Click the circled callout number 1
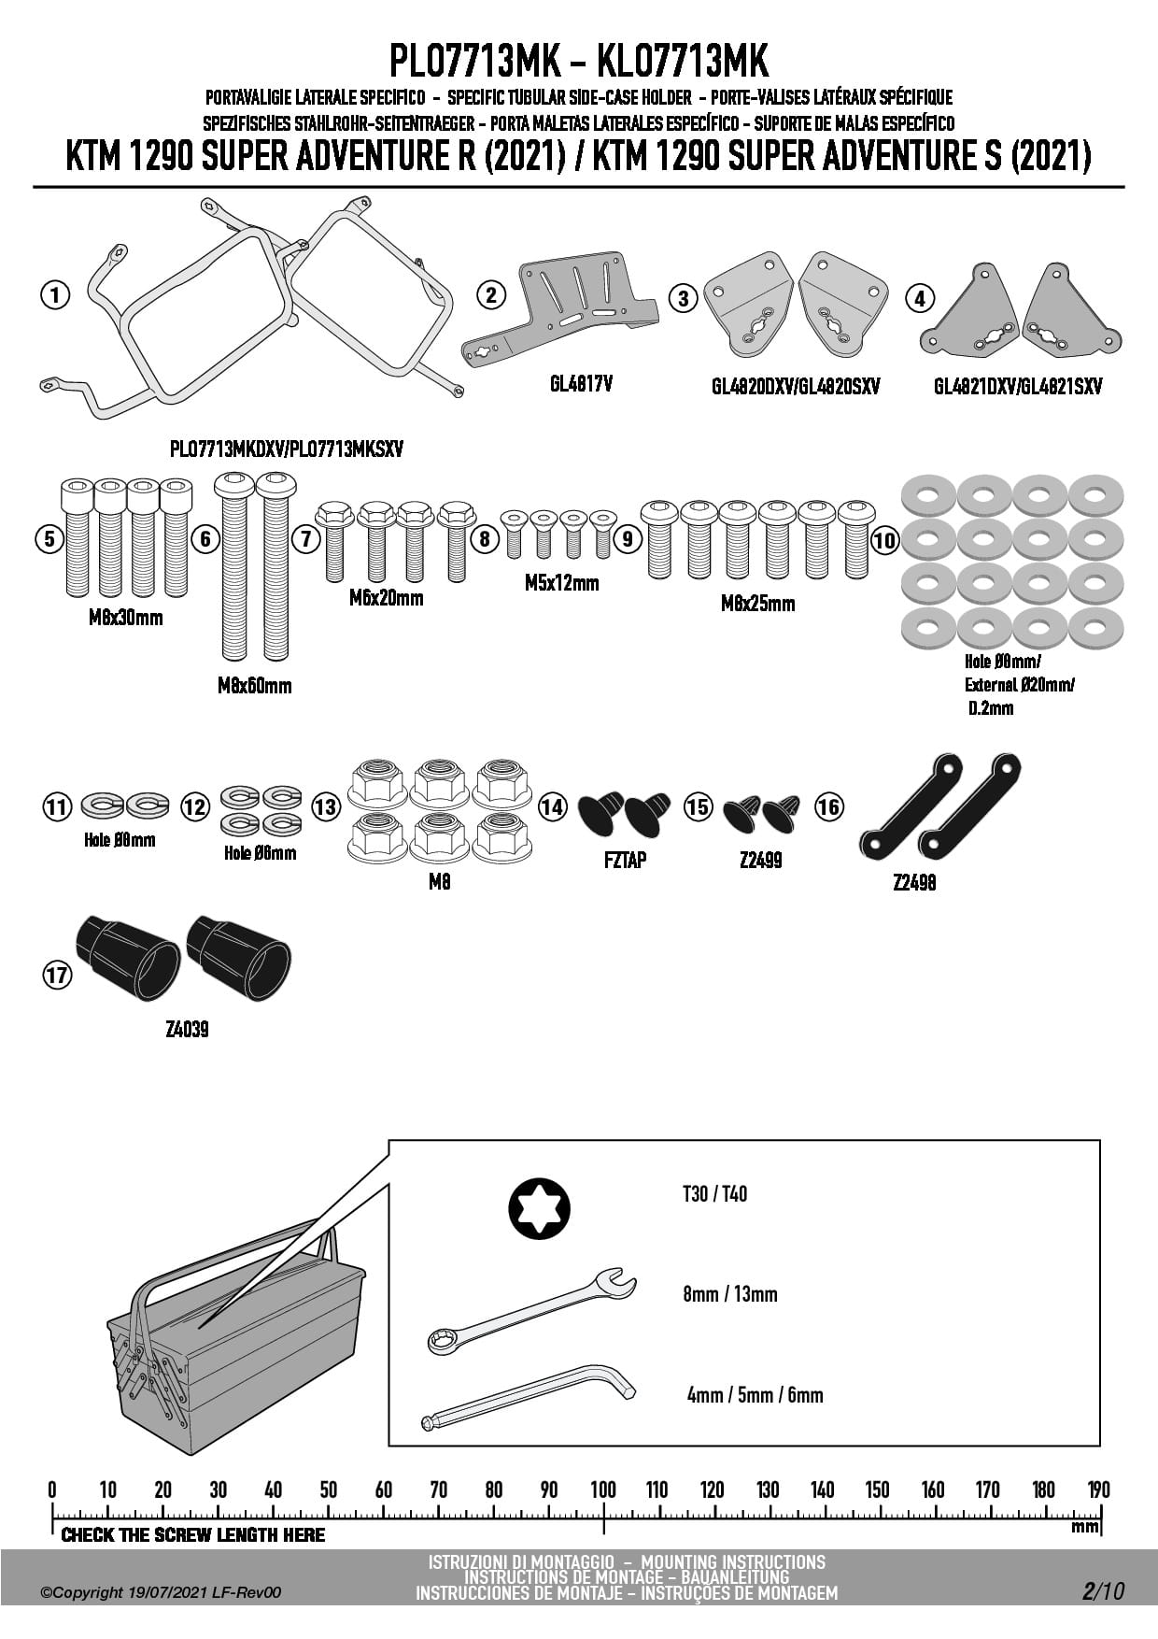coord(55,295)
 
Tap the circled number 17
coord(57,976)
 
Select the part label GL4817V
coord(581,383)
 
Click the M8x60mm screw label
coord(254,686)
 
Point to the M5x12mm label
coord(561,583)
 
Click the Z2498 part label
coord(913,882)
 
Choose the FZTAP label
coord(625,860)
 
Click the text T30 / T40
coord(714,1194)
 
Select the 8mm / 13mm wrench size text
coord(729,1294)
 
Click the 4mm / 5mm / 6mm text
coord(755,1395)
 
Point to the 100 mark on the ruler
coord(603,1489)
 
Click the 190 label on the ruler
coord(1098,1489)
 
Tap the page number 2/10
coord(1103,1591)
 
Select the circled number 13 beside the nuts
coord(325,806)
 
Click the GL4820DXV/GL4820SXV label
coord(796,387)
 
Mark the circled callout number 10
coord(883,539)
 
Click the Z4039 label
coord(187,1030)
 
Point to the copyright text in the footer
coord(161,1593)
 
